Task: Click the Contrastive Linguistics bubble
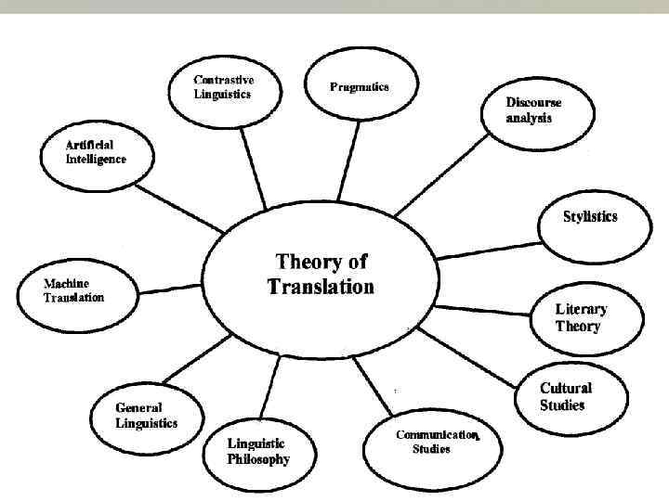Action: click(x=223, y=88)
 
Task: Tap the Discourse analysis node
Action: click(x=533, y=110)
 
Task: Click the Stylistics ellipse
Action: click(x=589, y=219)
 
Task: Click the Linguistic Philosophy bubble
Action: click(x=257, y=452)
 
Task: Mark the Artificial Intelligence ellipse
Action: click(x=97, y=153)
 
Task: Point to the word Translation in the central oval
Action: click(x=321, y=287)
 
